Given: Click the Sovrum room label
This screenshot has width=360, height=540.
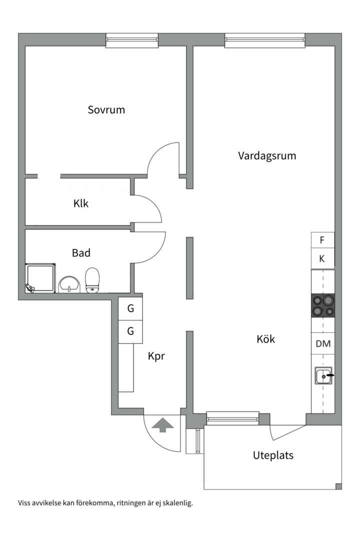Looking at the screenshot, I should coord(106,109).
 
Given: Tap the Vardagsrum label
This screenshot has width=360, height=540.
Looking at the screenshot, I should coord(267,155).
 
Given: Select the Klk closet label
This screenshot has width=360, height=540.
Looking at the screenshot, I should coord(81,203).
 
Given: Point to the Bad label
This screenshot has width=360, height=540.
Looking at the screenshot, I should coord(81,253).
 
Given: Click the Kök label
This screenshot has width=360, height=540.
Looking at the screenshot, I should coord(265,339).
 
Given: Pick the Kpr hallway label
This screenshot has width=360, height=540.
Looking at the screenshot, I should coord(156,356).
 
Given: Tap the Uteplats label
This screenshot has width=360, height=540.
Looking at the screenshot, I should coord(273,455).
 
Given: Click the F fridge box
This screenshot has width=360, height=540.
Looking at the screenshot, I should coord(322,240).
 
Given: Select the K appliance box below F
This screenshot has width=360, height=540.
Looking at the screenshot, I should coord(322,259).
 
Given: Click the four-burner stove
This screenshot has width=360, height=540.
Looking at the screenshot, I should coord(322,305).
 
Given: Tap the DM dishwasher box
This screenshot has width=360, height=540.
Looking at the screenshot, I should coord(322,344).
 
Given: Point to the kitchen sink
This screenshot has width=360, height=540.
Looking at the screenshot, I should coord(323,375).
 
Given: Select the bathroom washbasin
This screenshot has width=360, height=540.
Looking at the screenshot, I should coord(69,284).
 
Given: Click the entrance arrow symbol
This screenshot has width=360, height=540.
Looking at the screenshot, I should coord(162,425).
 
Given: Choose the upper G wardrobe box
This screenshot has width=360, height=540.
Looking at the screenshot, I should coord(130,308).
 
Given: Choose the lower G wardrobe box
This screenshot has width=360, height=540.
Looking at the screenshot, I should coord(130,331).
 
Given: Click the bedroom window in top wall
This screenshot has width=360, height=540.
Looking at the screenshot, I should coord(132,40).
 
